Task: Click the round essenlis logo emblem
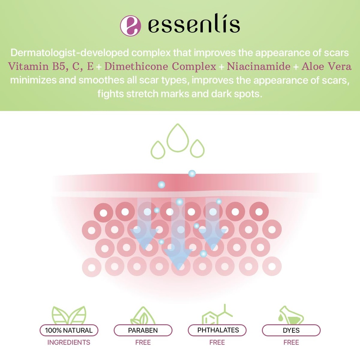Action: (x=130, y=25)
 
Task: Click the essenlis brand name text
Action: (x=194, y=25)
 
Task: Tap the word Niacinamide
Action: (x=259, y=66)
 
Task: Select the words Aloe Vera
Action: (x=326, y=66)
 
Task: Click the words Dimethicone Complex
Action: (x=160, y=66)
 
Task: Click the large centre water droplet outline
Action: (x=178, y=138)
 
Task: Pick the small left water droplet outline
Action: (x=158, y=150)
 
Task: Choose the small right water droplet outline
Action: (x=197, y=149)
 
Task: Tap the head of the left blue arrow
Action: (x=144, y=236)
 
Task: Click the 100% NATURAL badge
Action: (x=69, y=330)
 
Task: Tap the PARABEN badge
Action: (x=143, y=330)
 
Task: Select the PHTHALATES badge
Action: (x=217, y=330)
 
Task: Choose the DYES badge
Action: (x=291, y=330)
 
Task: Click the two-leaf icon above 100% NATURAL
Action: (x=69, y=315)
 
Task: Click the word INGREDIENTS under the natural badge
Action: (x=69, y=342)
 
